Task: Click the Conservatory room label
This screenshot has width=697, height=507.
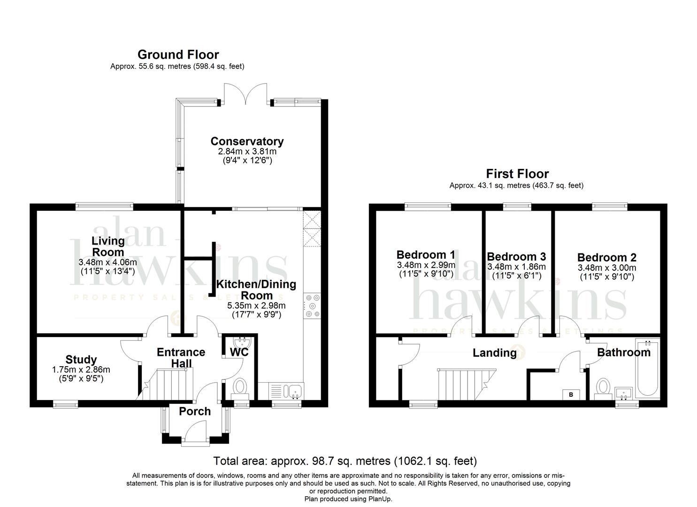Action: (x=247, y=141)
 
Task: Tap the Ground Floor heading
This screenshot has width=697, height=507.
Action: (x=178, y=55)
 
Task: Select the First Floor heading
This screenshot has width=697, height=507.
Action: (x=517, y=174)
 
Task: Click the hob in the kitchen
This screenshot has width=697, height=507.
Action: (x=312, y=306)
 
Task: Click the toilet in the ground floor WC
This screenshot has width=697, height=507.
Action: (x=240, y=389)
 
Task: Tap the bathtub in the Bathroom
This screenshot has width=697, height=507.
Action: (x=648, y=369)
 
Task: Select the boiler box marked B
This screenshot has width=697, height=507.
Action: (x=571, y=395)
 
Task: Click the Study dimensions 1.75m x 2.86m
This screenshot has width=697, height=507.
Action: (x=81, y=370)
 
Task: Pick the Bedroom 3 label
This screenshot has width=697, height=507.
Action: (x=516, y=256)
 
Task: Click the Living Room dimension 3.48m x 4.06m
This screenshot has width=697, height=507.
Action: (x=107, y=262)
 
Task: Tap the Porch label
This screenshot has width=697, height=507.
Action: (x=195, y=411)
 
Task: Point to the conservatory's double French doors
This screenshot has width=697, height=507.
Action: (x=245, y=94)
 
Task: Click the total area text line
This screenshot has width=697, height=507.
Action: (x=345, y=461)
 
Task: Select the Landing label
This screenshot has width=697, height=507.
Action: (x=495, y=353)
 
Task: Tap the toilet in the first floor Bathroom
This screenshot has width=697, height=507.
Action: (x=603, y=388)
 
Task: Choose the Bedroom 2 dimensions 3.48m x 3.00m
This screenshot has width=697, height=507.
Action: (x=607, y=268)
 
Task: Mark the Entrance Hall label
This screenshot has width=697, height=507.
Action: (x=181, y=358)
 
